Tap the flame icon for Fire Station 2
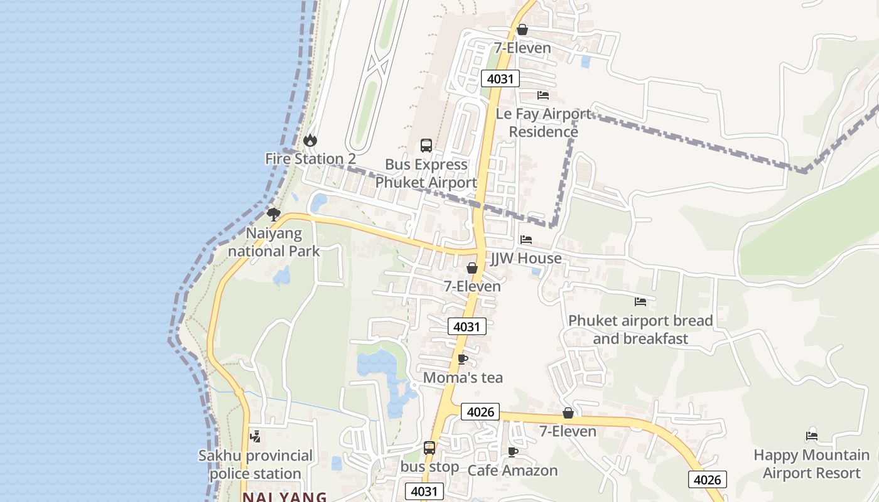[310, 141]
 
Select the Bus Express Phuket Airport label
[426, 174]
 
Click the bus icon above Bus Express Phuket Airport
[426, 146]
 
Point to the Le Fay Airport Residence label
[543, 123]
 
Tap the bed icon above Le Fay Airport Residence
[543, 95]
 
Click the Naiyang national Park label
[273, 242]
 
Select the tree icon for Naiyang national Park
[273, 215]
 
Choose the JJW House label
[526, 259]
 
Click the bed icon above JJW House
[526, 240]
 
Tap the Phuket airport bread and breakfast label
[640, 329]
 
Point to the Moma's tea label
[463, 378]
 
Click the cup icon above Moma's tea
[463, 360]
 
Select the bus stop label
[429, 467]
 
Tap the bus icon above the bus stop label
[429, 448]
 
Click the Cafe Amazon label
[512, 471]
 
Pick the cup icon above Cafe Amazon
[513, 452]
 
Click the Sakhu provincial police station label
[255, 464]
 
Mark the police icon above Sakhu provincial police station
[255, 437]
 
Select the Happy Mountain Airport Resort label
[811, 464]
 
